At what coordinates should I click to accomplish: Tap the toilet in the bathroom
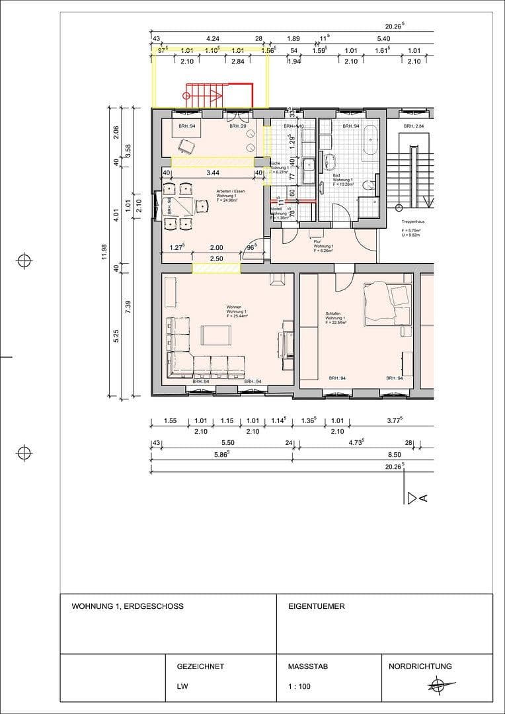(371, 187)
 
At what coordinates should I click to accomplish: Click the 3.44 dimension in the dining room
(212, 173)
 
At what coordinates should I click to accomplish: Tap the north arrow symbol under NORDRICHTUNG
(436, 686)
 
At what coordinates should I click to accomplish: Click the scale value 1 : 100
(299, 686)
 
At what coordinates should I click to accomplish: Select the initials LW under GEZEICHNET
(182, 686)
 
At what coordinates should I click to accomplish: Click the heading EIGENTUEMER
(317, 606)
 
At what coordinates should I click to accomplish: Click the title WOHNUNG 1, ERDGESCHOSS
(128, 606)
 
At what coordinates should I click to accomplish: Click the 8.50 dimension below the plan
(395, 454)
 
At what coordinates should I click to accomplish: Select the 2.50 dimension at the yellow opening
(216, 258)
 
